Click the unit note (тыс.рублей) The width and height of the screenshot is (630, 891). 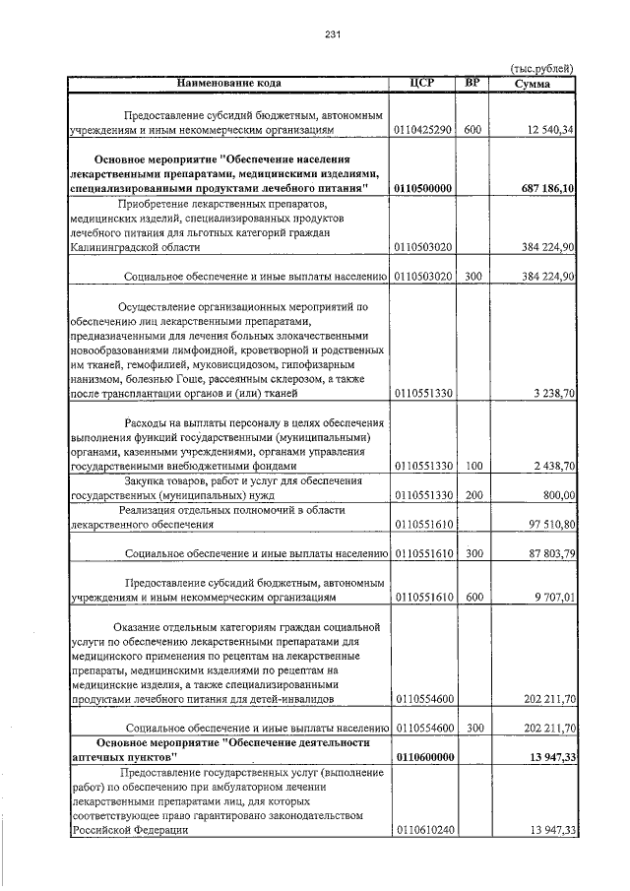(x=540, y=68)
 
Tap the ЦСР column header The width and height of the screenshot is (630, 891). (x=421, y=83)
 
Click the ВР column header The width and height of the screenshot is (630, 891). (x=472, y=83)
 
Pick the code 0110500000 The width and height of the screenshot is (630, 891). (x=421, y=188)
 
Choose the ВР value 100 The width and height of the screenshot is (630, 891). (x=472, y=466)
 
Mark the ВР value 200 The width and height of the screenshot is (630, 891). (x=472, y=495)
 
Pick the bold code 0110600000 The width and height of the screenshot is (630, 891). (x=421, y=757)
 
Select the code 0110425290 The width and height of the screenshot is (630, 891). (x=421, y=130)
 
